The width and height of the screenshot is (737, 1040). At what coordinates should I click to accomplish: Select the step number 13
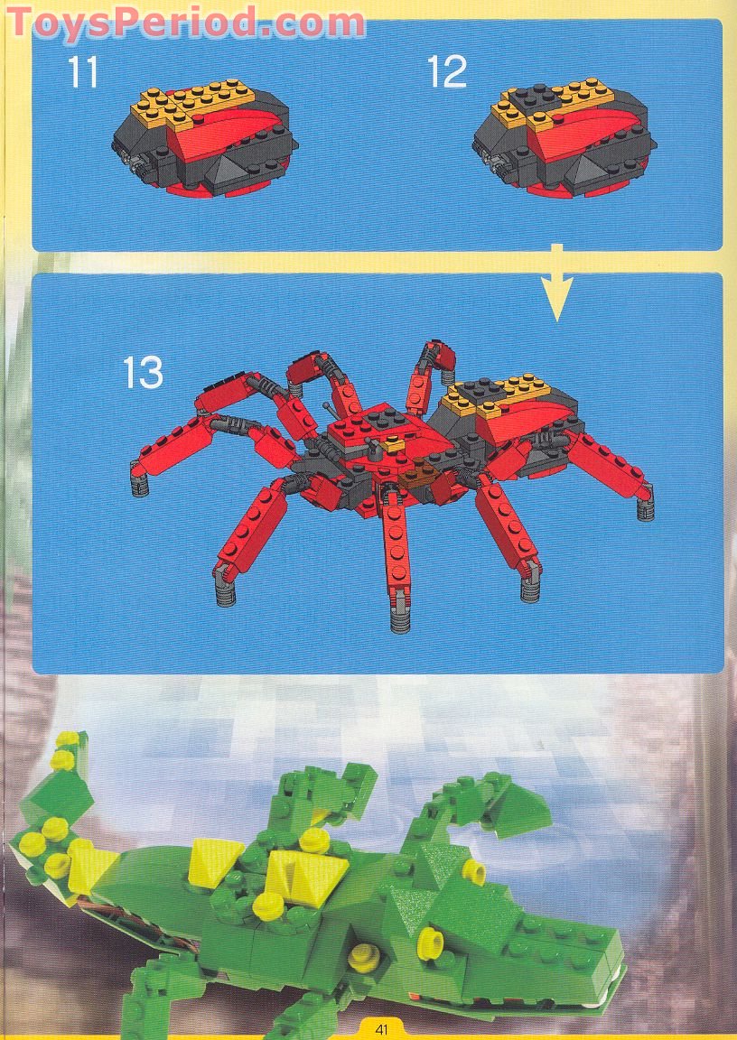144,373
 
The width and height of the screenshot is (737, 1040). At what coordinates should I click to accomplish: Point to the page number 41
381,1029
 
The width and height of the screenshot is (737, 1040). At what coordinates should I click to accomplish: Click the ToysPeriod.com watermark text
186,23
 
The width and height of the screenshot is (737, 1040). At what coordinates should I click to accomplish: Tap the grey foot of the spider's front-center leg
400,621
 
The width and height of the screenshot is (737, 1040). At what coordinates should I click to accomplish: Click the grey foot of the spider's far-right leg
646,509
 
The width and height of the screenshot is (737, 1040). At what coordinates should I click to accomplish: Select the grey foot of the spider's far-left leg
139,486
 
